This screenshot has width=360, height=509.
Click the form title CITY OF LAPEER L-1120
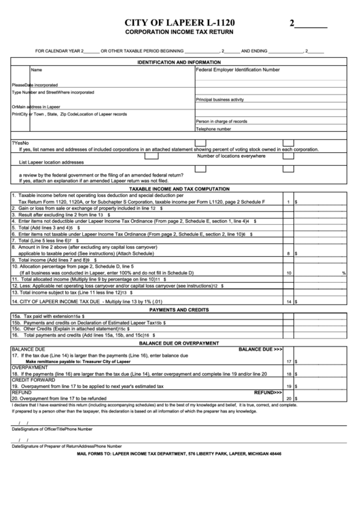179,22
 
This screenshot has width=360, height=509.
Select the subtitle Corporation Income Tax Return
179,32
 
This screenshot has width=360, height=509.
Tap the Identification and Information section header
179,62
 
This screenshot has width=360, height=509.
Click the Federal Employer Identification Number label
237,69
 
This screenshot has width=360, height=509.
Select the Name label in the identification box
37,69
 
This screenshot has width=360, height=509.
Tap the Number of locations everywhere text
232,156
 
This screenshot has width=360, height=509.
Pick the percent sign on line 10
344,253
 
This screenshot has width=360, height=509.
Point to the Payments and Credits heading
179,290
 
